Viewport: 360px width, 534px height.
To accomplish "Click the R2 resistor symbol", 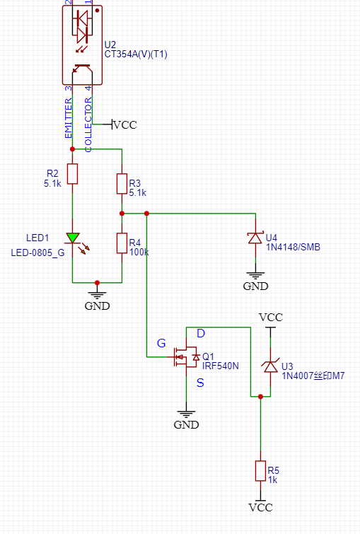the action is pyautogui.click(x=72, y=174).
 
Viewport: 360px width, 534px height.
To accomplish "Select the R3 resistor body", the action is pyautogui.click(x=122, y=184).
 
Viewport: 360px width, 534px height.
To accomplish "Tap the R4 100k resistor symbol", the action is pyautogui.click(x=122, y=243).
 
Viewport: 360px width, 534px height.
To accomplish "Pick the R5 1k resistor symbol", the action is pyautogui.click(x=260, y=471).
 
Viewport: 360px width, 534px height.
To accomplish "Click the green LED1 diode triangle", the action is pyautogui.click(x=73, y=238).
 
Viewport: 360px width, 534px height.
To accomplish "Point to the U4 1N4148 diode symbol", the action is pyautogui.click(x=255, y=238).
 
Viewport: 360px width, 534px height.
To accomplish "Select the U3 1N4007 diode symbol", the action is pyautogui.click(x=271, y=366).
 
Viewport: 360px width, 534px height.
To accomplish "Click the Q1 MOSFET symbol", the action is pyautogui.click(x=186, y=357).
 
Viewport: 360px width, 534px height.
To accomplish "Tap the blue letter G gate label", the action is pyautogui.click(x=161, y=343).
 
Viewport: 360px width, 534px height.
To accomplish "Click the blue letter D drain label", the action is pyautogui.click(x=201, y=333).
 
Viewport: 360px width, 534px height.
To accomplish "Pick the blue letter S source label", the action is pyautogui.click(x=200, y=383).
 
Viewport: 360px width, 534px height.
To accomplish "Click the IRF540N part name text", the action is pyautogui.click(x=221, y=366).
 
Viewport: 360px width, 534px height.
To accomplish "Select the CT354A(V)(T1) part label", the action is pyautogui.click(x=136, y=54).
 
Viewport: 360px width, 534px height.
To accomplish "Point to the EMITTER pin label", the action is pyautogui.click(x=69, y=118).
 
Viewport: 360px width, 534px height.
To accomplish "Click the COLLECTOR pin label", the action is pyautogui.click(x=88, y=124).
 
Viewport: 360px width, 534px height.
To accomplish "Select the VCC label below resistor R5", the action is pyautogui.click(x=260, y=507).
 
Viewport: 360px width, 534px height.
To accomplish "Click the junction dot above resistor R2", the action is pyautogui.click(x=72, y=149).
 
